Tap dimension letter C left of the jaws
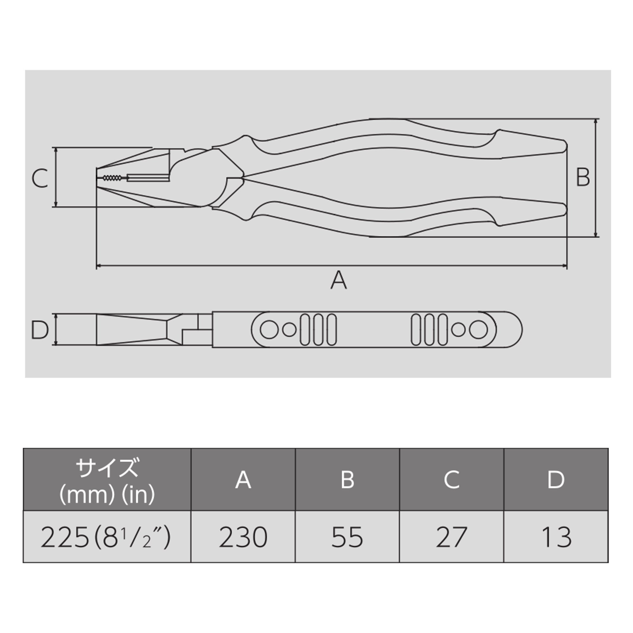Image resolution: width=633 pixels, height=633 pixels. coord(40,178)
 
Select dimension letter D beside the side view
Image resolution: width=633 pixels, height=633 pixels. coord(40,330)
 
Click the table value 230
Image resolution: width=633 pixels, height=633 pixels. coord(243,538)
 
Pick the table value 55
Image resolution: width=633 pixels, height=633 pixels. coord(347,538)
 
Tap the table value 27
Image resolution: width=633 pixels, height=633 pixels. coord(451,538)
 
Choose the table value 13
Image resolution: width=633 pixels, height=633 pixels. coord(556,538)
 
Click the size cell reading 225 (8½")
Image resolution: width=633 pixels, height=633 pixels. coord(105,538)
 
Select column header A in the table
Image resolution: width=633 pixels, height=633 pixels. coord(243,480)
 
